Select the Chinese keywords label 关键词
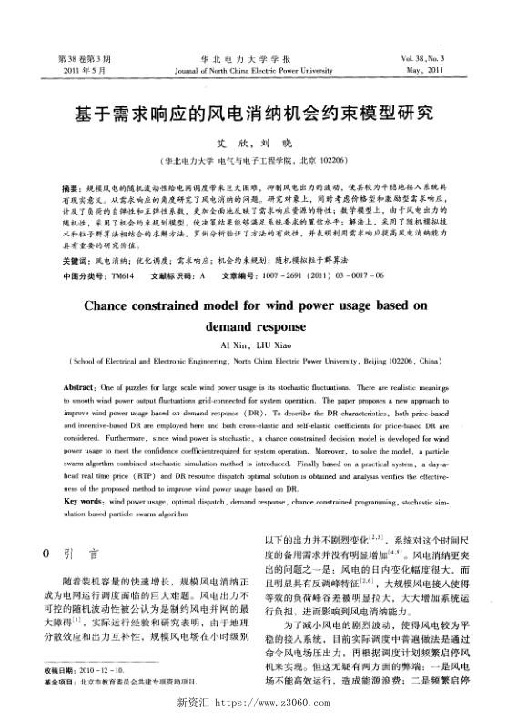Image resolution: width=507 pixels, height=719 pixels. pyautogui.click(x=74, y=260)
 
